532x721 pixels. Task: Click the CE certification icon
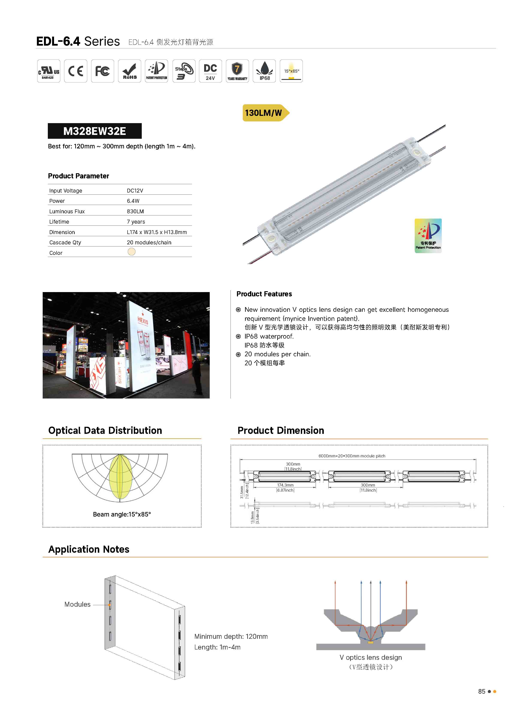pyautogui.click(x=76, y=71)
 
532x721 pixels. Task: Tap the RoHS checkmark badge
pyautogui.click(x=130, y=71)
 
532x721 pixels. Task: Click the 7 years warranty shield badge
pyautogui.click(x=237, y=71)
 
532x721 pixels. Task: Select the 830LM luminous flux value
pyautogui.click(x=135, y=211)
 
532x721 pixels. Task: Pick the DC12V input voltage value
pyautogui.click(x=135, y=190)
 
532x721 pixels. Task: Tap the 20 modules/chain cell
pyautogui.click(x=149, y=242)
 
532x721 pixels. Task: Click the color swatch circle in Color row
pyautogui.click(x=131, y=252)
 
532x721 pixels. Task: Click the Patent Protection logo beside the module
pyautogui.click(x=428, y=236)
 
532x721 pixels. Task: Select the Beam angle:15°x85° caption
pyautogui.click(x=122, y=514)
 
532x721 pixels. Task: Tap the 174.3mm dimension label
pyautogui.click(x=285, y=485)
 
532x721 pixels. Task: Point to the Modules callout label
pyautogui.click(x=77, y=604)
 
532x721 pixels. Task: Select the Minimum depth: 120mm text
pyautogui.click(x=231, y=636)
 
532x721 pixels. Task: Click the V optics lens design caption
pyautogui.click(x=371, y=657)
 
